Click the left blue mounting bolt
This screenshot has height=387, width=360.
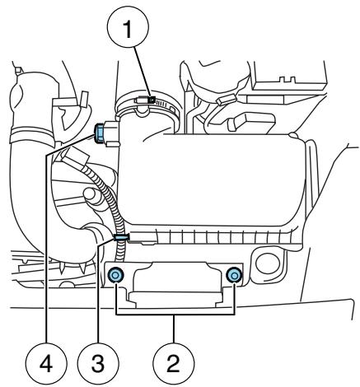coord(116,274)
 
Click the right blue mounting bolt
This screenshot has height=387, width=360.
coord(236,274)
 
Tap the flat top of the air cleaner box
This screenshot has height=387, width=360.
coord(222,165)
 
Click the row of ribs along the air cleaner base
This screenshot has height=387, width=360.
coord(214,239)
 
